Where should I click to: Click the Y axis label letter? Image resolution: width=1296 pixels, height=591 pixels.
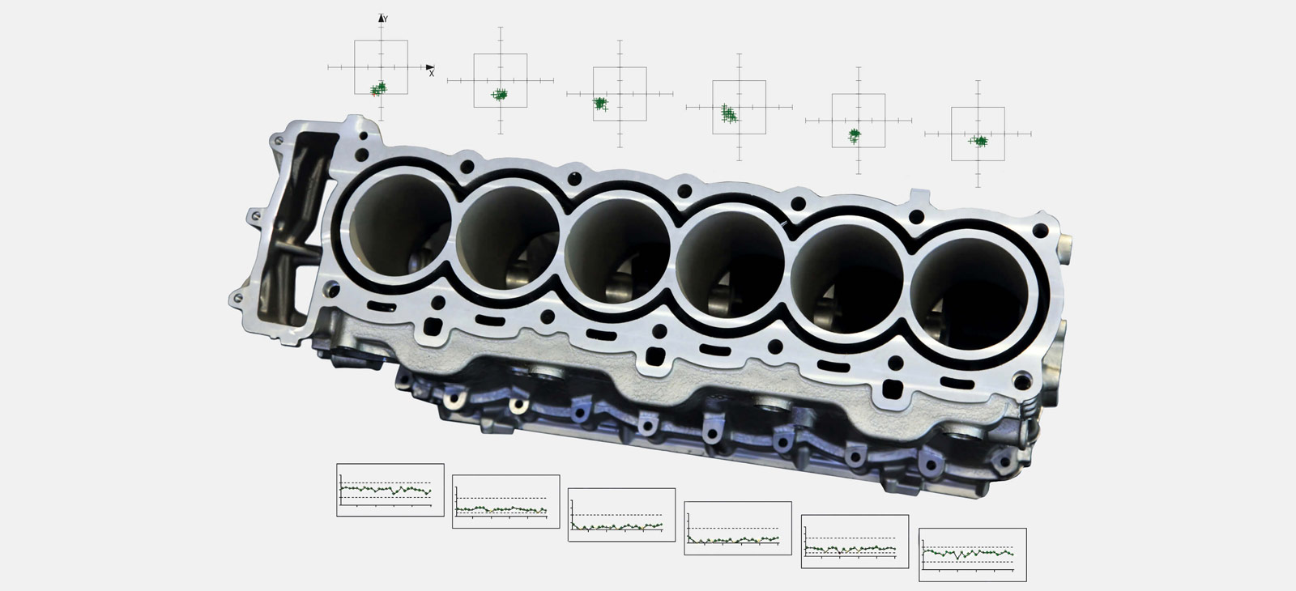[x=386, y=19]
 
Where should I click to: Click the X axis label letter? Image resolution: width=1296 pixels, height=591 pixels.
[x=432, y=74]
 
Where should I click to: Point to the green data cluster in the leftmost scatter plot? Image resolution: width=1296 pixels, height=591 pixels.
[x=378, y=88]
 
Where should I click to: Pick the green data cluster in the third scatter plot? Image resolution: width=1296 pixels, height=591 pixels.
[x=600, y=104]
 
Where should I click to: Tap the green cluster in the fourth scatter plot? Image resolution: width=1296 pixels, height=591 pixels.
[x=730, y=113]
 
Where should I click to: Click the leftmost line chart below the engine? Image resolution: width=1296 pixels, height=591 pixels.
[x=390, y=490]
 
